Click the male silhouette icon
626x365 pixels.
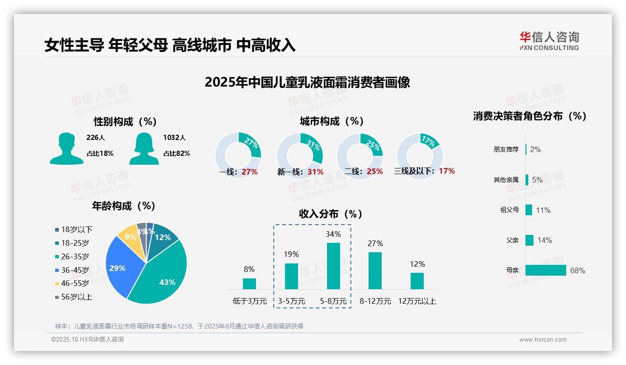pyautogui.click(x=66, y=148)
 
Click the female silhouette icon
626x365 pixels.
pyautogui.click(x=144, y=148)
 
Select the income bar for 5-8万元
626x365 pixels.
pyautogui.click(x=333, y=266)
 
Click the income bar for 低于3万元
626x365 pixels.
pyautogui.click(x=249, y=284)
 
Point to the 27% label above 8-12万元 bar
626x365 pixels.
pyautogui.click(x=375, y=243)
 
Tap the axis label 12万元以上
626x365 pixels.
pyautogui.click(x=417, y=301)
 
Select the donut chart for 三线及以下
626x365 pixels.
pyautogui.click(x=419, y=154)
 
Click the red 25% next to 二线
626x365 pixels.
pyautogui.click(x=375, y=172)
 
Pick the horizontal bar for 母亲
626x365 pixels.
pyautogui.click(x=545, y=270)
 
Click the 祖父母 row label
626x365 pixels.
pyautogui.click(x=509, y=210)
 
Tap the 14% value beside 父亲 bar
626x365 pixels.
pyautogui.click(x=544, y=240)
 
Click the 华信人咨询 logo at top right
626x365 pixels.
pyautogui.click(x=549, y=41)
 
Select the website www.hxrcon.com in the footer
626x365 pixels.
pyautogui.click(x=542, y=340)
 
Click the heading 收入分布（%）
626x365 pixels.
pyautogui.click(x=331, y=214)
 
